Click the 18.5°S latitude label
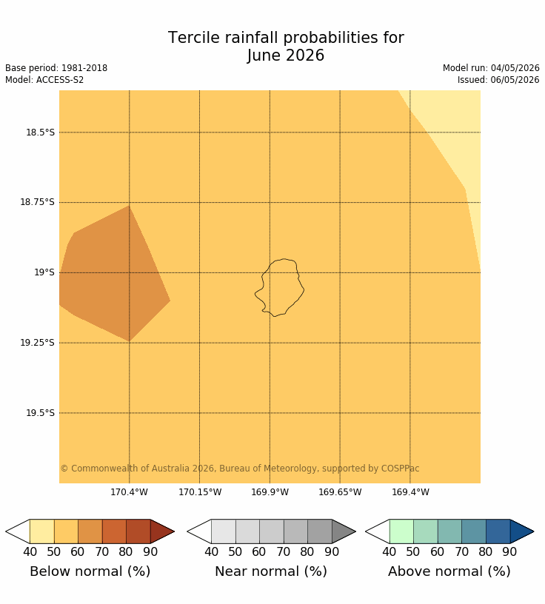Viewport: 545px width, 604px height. tap(41, 132)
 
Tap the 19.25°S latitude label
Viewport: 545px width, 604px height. tap(37, 343)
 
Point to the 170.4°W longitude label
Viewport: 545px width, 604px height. tap(129, 492)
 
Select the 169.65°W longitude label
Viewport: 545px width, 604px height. tap(340, 492)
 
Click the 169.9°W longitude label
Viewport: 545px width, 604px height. tap(270, 492)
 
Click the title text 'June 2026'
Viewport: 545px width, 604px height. tap(286, 56)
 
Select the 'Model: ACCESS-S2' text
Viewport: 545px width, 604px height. tap(44, 80)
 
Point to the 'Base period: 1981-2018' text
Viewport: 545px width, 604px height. tap(56, 68)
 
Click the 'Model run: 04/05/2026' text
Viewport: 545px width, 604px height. tap(491, 68)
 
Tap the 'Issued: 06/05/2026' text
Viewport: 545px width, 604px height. tap(498, 80)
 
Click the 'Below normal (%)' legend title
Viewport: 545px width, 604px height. tap(90, 571)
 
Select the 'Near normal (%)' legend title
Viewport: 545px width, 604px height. tap(271, 571)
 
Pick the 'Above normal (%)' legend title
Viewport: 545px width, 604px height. tap(449, 571)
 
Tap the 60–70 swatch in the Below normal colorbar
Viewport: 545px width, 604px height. tap(90, 531)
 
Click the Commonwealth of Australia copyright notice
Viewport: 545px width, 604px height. tap(240, 469)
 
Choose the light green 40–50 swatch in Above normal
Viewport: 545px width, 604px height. tap(401, 531)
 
